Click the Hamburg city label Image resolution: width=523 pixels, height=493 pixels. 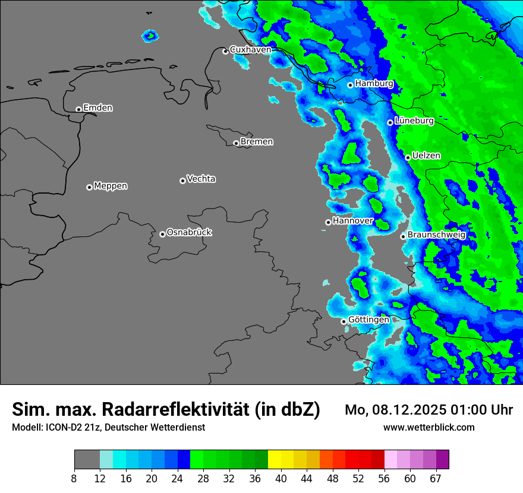374,84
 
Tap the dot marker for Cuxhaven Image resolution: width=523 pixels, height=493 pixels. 225,51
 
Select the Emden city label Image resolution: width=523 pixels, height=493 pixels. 97,108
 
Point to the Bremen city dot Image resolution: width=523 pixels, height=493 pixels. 236,143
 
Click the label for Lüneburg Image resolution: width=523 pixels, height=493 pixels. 414,121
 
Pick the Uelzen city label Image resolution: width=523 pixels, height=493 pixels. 426,156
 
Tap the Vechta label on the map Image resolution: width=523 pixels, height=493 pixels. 201,179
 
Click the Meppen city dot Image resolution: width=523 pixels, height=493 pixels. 89,187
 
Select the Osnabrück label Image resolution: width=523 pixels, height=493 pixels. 189,232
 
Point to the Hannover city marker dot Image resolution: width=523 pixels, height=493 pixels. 328,223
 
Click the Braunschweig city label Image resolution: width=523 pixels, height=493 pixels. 436,235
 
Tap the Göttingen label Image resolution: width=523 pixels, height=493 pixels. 368,320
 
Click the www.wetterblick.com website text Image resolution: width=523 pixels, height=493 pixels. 429,427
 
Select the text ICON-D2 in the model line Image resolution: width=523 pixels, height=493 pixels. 62,427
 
